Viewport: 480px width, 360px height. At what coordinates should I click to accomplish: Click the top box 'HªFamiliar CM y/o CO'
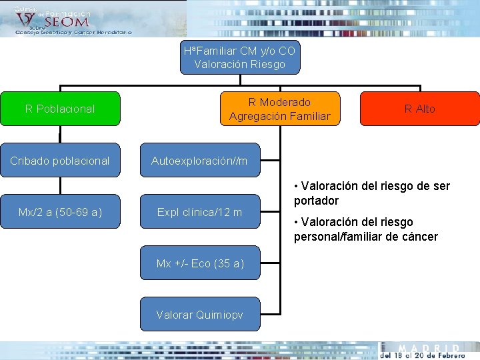[240, 57]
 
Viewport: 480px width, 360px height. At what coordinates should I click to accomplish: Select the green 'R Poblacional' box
[60, 109]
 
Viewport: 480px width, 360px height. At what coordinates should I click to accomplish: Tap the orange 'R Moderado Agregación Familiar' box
[280, 109]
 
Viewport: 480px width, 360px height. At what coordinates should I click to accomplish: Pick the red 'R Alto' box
[419, 109]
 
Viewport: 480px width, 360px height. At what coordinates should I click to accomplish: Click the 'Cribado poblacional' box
[60, 161]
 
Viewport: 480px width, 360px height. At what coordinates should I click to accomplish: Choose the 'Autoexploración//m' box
[199, 161]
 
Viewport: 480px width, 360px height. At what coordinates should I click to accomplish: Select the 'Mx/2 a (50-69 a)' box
[60, 212]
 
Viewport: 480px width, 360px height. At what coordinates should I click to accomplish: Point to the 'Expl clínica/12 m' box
[199, 212]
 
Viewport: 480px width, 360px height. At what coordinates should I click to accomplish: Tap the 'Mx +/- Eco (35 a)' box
[199, 263]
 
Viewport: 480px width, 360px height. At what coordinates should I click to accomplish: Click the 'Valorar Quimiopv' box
[199, 315]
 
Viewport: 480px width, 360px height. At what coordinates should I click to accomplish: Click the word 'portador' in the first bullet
[317, 201]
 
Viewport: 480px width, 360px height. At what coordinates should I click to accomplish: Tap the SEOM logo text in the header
[67, 22]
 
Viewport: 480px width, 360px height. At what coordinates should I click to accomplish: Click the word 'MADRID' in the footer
[429, 349]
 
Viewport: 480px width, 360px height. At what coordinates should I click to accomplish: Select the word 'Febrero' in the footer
[447, 356]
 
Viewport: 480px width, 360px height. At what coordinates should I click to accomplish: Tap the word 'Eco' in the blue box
[198, 263]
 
